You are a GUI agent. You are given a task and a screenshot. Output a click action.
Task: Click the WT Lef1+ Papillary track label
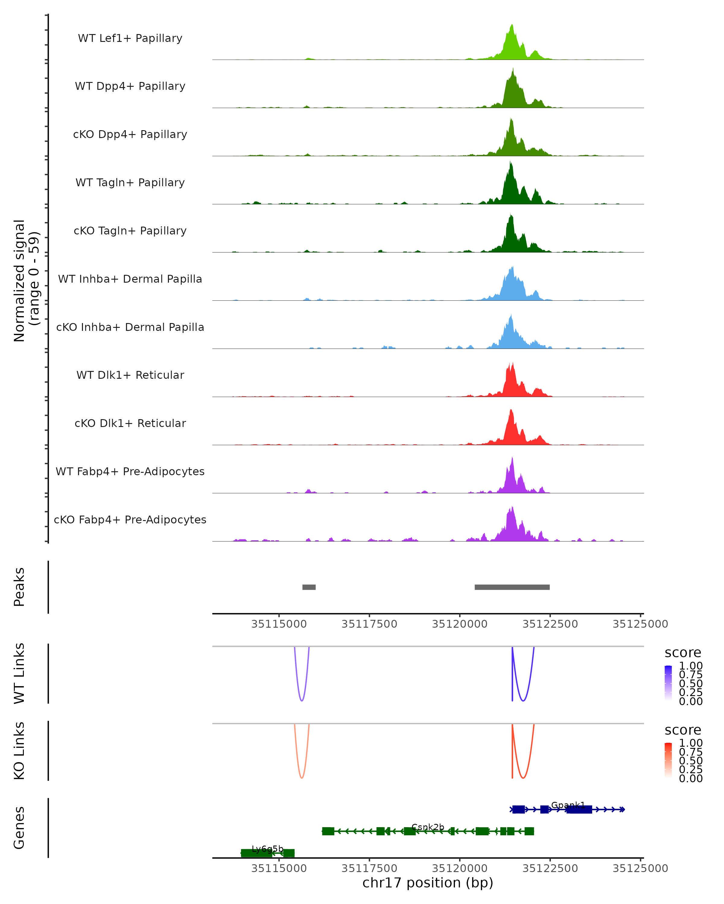coord(130,38)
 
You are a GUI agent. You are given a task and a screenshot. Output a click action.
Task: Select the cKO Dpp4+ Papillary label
coord(130,134)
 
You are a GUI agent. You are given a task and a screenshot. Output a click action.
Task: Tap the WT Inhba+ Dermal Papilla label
coord(130,279)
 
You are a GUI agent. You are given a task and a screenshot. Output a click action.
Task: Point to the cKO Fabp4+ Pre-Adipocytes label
coord(130,519)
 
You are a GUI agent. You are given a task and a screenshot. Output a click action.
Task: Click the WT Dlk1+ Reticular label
coord(130,375)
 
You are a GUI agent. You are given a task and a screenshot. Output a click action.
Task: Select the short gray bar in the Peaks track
coord(309,587)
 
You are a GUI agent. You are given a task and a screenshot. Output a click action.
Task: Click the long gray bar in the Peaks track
coord(512,587)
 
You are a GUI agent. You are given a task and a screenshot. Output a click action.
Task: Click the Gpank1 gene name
coord(568,805)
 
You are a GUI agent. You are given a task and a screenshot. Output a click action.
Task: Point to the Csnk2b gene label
coord(428,827)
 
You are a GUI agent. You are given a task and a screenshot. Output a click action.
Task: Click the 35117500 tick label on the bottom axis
coord(369,868)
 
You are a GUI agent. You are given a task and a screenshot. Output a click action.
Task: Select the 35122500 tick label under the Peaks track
coord(550,624)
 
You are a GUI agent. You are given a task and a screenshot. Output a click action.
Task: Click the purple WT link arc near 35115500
coord(301,700)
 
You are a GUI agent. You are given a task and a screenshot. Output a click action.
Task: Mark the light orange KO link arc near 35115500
coord(301,778)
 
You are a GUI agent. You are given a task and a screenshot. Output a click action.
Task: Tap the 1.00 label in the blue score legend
coord(691,666)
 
